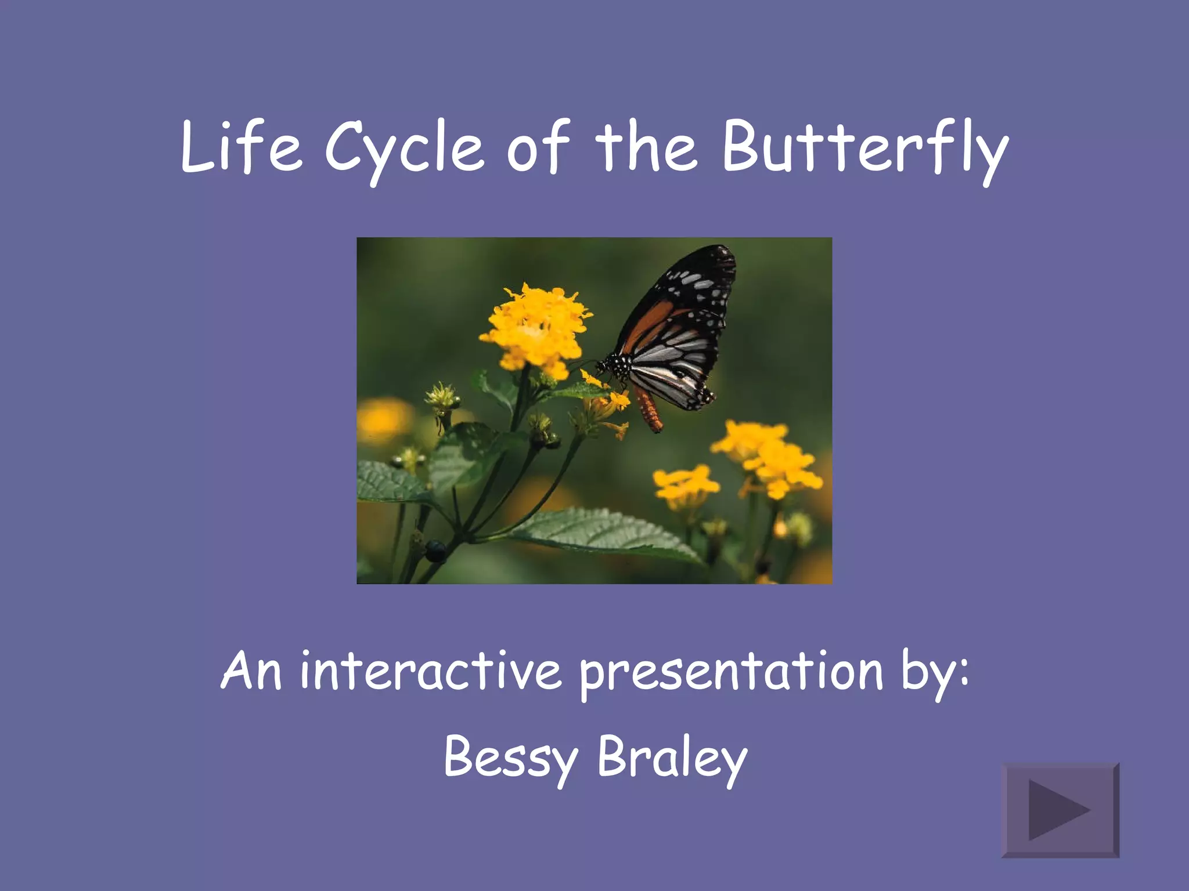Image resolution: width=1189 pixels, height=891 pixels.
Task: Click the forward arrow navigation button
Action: click(1060, 810)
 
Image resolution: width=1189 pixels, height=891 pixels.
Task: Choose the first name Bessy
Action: click(511, 758)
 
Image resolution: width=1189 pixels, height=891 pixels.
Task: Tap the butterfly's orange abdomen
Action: click(649, 410)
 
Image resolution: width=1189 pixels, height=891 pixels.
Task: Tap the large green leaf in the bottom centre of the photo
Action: click(604, 534)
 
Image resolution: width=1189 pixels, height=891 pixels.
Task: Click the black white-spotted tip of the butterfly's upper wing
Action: click(705, 273)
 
